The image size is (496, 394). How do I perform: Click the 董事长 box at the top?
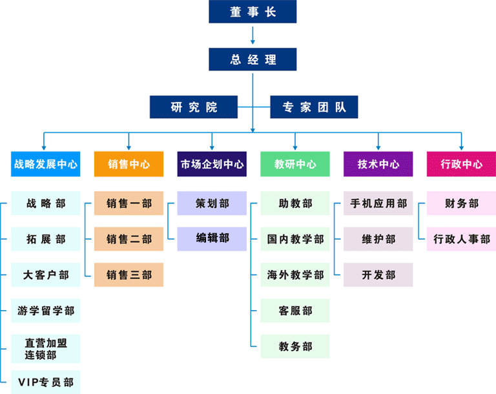253,12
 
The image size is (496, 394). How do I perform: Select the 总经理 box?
253,59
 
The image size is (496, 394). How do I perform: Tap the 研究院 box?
194,107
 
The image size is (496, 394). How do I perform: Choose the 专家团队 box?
314,107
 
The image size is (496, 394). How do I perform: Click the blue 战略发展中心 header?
46,164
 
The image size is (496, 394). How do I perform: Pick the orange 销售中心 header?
129,164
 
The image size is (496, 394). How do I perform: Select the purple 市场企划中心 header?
212,164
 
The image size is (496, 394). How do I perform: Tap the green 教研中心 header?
295,164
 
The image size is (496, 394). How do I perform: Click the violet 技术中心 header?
378,164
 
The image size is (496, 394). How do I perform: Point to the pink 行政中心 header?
461,164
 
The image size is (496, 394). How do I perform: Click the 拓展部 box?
46,239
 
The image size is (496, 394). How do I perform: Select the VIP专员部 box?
46,382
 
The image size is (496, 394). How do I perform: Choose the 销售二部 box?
129,239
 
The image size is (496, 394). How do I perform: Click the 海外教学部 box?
295,275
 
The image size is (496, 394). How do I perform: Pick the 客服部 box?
295,311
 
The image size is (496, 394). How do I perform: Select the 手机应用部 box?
378,203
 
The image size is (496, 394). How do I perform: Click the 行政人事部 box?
461,239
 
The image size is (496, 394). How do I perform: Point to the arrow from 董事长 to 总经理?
253,36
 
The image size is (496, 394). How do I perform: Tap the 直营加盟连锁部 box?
46,349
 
